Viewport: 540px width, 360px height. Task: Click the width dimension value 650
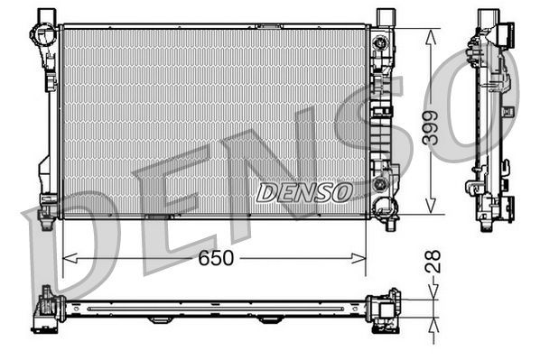tap(215, 259)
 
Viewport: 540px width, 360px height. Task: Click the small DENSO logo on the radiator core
tap(304, 191)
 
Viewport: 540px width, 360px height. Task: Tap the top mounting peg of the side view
tap(488, 18)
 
